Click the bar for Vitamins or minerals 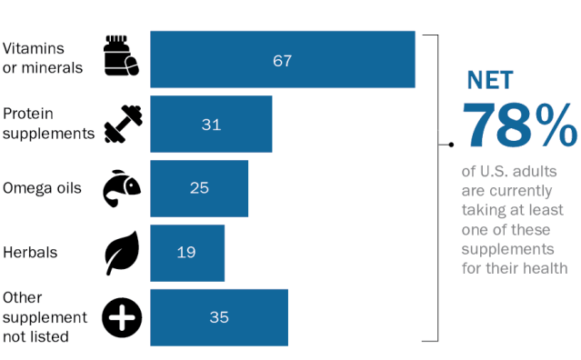283,59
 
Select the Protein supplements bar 211,124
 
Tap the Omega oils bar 199,188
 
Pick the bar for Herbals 187,253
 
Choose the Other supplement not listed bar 219,317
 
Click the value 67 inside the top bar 283,61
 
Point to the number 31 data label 211,125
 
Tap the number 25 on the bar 199,188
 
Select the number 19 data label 186,253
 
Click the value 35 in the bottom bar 219,317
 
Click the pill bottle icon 121,55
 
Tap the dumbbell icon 123,124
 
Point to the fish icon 122,188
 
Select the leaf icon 122,253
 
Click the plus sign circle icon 122,317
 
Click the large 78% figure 519,125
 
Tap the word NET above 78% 490,80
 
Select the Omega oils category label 42,188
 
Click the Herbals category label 30,253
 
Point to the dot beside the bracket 451,145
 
